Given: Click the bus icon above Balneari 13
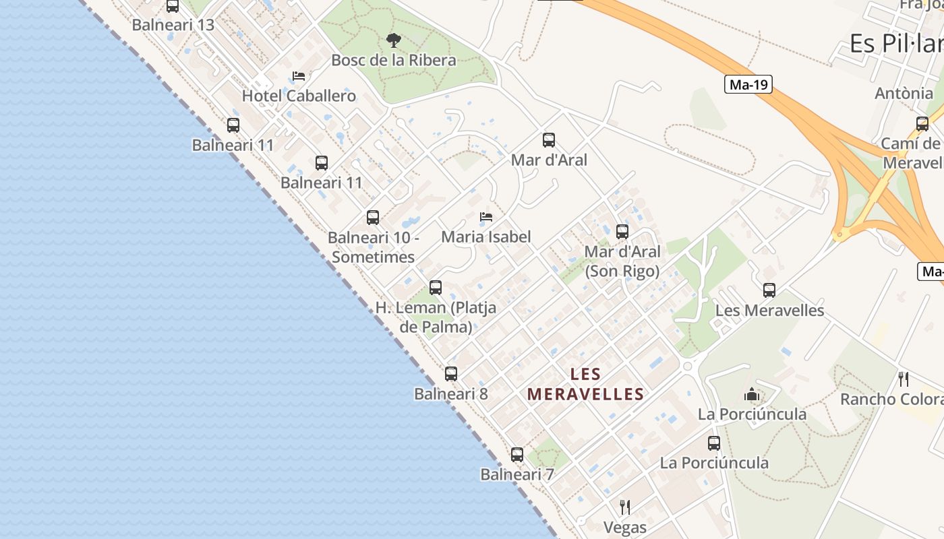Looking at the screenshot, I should pos(173,6).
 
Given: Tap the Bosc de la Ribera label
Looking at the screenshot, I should pos(394,60).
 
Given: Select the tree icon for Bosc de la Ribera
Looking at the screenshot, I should pos(394,40).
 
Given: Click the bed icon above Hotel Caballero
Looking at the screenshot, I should pos(299,76).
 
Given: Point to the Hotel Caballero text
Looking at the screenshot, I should pos(299,96).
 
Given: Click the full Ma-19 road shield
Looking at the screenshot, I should pos(748,84).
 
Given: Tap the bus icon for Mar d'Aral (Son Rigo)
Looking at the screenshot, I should pos(622,232).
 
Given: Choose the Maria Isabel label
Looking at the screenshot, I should pos(486,236).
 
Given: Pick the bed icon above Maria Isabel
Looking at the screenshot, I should pos(486,217).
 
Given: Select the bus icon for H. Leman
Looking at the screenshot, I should pos(436,288).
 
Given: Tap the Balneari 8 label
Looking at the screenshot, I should pos(451,394).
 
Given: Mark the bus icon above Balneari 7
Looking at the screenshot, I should pos(517,455).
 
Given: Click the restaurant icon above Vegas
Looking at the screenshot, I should pos(625,507).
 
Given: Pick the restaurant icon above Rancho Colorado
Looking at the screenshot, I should pos(904,379).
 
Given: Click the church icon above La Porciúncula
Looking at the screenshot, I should pos(752,394).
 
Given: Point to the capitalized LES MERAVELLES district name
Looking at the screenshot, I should pos(585,384).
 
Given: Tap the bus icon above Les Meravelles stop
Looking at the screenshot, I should pos(769,290).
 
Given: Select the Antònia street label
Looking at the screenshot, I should pos(904,93).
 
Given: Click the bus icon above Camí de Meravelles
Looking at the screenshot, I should pos(922,124).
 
